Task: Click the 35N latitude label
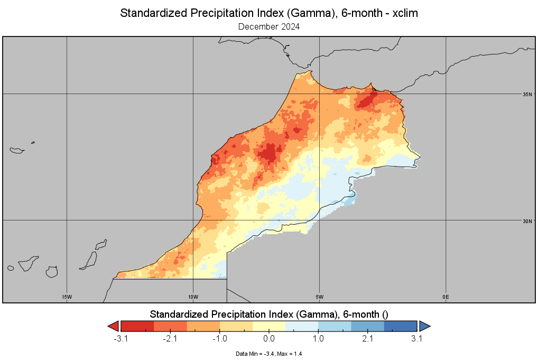pos(527,95)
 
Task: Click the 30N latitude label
pos(527,221)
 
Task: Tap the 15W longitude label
pos(67,297)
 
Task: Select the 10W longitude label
pos(193,297)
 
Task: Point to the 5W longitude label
pos(319,297)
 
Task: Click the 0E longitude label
pos(446,297)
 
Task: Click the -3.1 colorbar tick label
pos(121,339)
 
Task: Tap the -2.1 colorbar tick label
pos(170,339)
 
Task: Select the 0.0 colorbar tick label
pos(269,339)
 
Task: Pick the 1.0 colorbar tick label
pos(318,339)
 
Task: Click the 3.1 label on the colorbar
pos(416,339)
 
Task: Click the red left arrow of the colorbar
pos(114,326)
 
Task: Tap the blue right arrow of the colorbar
pos(424,326)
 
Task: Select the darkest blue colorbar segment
pos(401,326)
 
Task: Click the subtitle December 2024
pos(269,27)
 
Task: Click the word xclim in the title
pos(405,13)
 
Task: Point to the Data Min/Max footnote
pos(269,354)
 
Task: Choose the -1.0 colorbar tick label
pos(220,339)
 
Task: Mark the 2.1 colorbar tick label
pos(367,339)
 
